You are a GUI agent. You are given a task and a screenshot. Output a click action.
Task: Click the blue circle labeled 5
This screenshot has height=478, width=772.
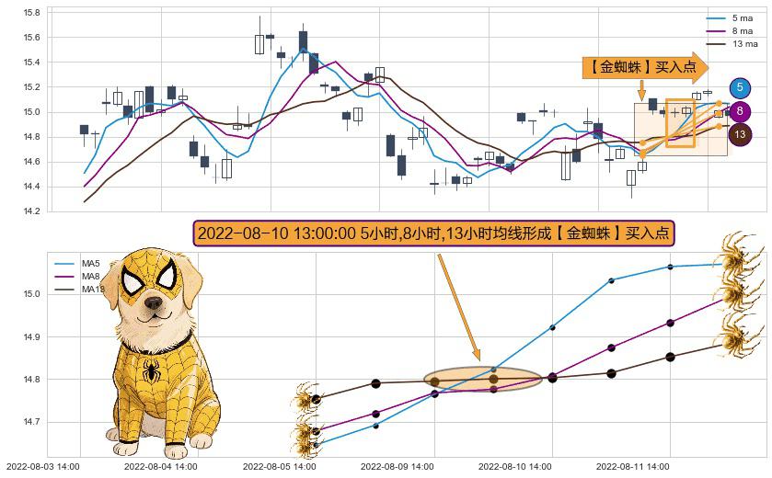[x=740, y=87]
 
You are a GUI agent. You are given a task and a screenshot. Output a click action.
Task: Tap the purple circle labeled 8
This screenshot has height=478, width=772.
[x=740, y=111]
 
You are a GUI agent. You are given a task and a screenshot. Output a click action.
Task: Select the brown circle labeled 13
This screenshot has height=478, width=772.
[x=740, y=135]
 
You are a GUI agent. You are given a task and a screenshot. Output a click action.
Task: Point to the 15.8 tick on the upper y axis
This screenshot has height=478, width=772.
[x=31, y=13]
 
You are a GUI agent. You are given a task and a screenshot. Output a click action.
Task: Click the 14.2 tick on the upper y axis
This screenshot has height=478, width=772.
[x=31, y=211]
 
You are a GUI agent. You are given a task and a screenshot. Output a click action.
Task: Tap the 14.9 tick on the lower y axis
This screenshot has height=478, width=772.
[x=32, y=337]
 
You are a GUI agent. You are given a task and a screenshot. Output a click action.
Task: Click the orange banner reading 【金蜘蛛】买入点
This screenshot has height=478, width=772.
[x=644, y=67]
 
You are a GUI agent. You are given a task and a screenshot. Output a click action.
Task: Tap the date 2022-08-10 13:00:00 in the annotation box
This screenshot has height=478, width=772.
[x=276, y=233]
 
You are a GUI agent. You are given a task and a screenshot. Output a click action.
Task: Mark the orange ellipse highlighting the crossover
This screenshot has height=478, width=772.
[x=483, y=379]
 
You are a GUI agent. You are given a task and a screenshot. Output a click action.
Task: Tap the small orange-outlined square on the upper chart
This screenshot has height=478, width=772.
[x=680, y=122]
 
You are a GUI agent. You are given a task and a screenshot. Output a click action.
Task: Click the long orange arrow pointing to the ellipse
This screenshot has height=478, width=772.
[x=457, y=306]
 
